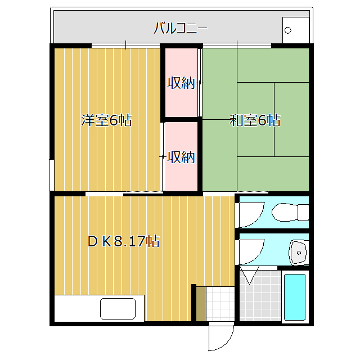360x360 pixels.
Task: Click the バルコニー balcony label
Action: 181,28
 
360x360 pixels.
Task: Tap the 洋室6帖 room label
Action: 106,120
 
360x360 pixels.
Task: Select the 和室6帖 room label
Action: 255,120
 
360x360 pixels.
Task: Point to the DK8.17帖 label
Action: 124,241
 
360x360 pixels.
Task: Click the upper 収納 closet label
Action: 181,83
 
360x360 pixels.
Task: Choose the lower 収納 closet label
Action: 181,157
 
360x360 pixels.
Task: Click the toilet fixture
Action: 290,212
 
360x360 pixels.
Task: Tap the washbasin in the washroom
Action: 299,253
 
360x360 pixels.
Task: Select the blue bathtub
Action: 295,297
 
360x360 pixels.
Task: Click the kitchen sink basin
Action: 118,309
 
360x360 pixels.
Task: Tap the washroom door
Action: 251,253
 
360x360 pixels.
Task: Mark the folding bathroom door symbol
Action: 249,275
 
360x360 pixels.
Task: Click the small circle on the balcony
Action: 287,30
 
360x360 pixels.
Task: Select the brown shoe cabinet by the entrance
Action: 201,304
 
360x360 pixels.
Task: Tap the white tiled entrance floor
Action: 220,304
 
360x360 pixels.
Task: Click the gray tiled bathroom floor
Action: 260,296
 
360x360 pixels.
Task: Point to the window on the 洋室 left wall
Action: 52,175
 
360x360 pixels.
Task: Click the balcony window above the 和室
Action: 237,45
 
